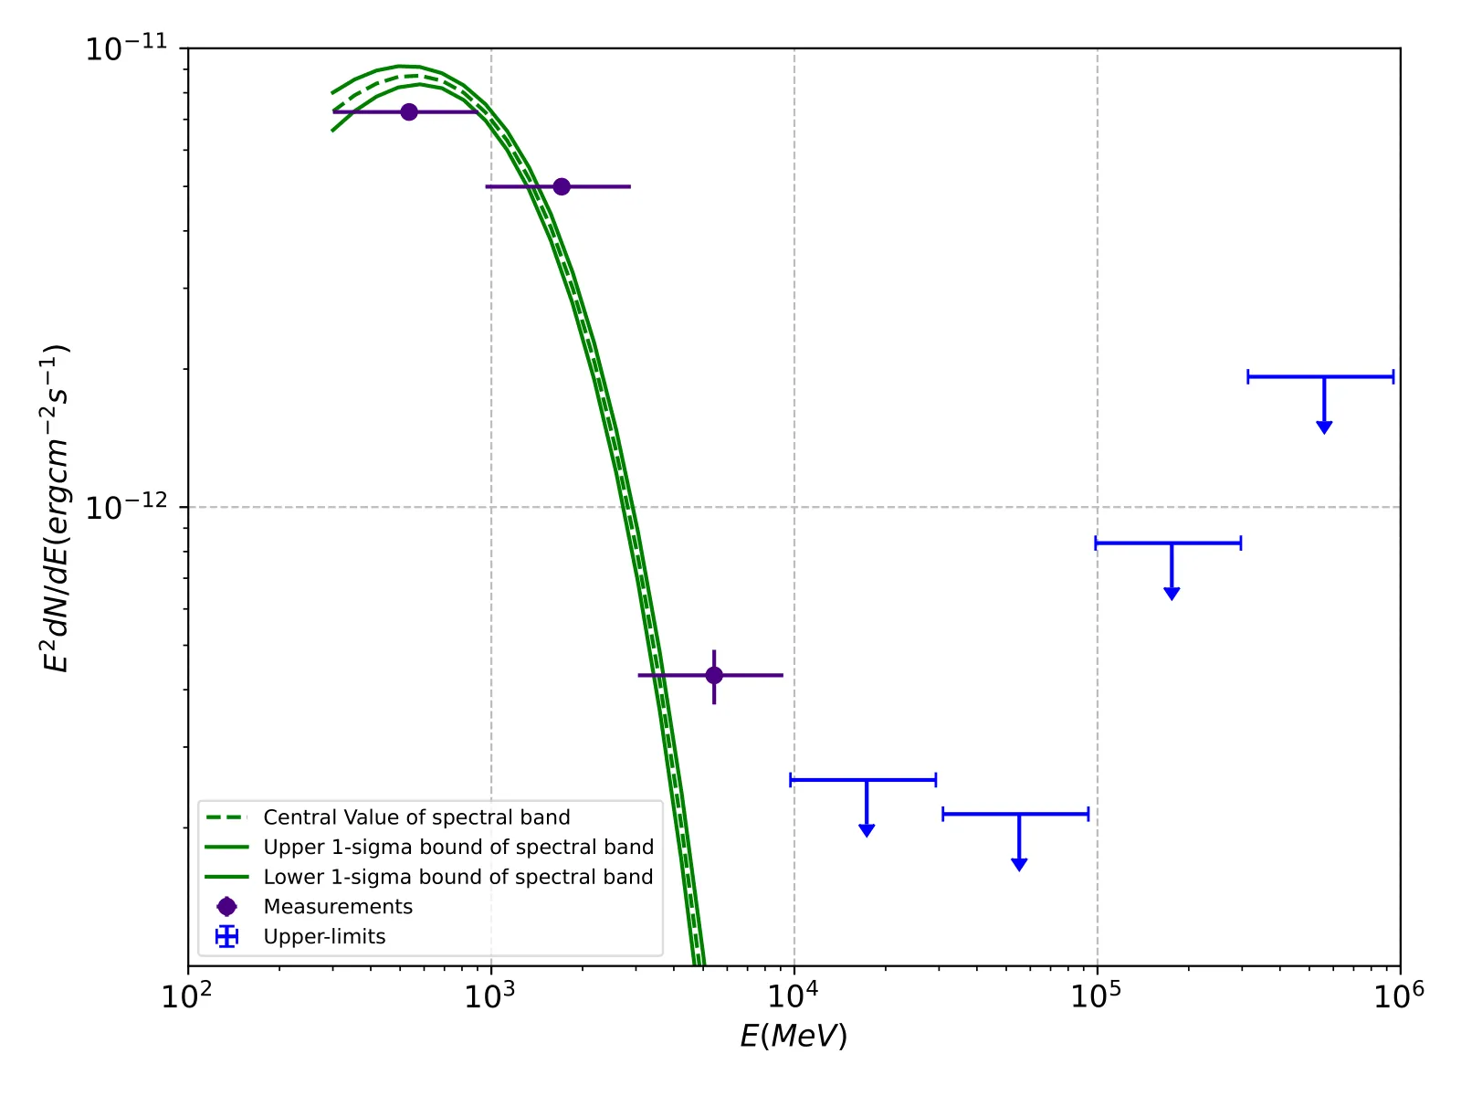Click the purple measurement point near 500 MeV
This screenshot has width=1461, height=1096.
[x=409, y=112]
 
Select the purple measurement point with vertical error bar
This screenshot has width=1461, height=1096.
[x=714, y=676]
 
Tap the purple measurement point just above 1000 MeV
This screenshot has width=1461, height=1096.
[x=562, y=187]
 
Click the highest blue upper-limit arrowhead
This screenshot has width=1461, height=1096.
[x=1324, y=427]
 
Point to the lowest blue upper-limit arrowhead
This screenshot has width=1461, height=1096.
[x=1019, y=864]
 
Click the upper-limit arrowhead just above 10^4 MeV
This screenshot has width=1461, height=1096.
[x=867, y=830]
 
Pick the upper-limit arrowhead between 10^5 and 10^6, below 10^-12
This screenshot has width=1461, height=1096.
[x=1172, y=594]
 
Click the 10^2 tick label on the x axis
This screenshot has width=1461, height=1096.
[x=187, y=996]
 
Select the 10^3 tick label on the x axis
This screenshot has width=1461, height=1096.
[x=490, y=996]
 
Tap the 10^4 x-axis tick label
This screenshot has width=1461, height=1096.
[x=794, y=996]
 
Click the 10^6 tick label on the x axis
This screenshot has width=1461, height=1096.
[x=1399, y=996]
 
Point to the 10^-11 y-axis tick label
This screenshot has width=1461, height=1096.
[x=127, y=48]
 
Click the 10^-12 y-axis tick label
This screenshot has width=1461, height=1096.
[x=127, y=507]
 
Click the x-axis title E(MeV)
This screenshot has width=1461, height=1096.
[x=794, y=1036]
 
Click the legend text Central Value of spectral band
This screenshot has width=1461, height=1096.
[x=416, y=817]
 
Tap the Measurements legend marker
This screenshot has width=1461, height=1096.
[x=226, y=907]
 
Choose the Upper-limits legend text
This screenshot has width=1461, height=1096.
[x=324, y=937]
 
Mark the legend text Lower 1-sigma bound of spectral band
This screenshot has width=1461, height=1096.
[x=458, y=878]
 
